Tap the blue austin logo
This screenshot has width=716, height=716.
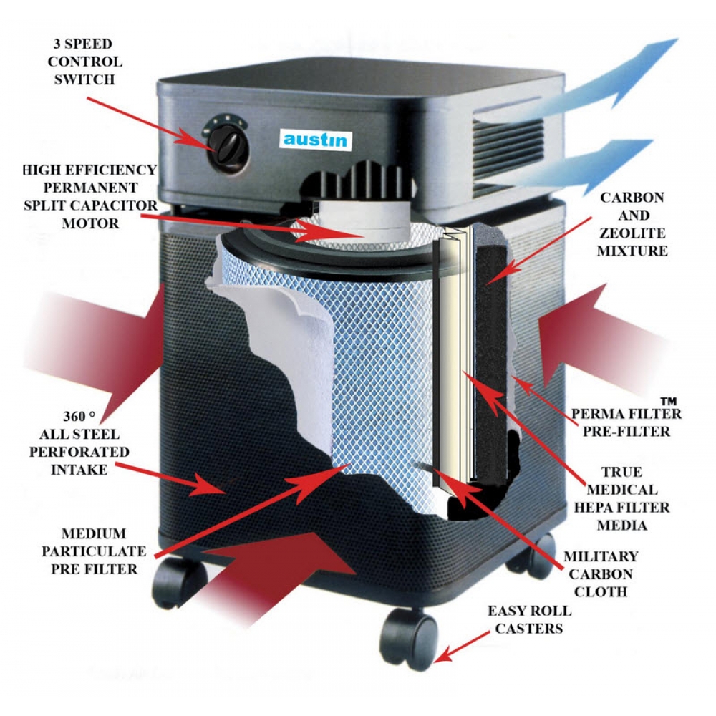pyautogui.click(x=315, y=139)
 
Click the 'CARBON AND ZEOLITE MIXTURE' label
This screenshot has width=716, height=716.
pyautogui.click(x=632, y=223)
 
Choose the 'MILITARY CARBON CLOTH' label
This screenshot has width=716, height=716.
pyautogui.click(x=600, y=573)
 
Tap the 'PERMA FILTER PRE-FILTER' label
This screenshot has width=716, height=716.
pyautogui.click(x=625, y=422)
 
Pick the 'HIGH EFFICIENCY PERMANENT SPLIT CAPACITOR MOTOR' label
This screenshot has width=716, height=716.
pyautogui.click(x=89, y=196)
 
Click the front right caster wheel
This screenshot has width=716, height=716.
pyautogui.click(x=410, y=634)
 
